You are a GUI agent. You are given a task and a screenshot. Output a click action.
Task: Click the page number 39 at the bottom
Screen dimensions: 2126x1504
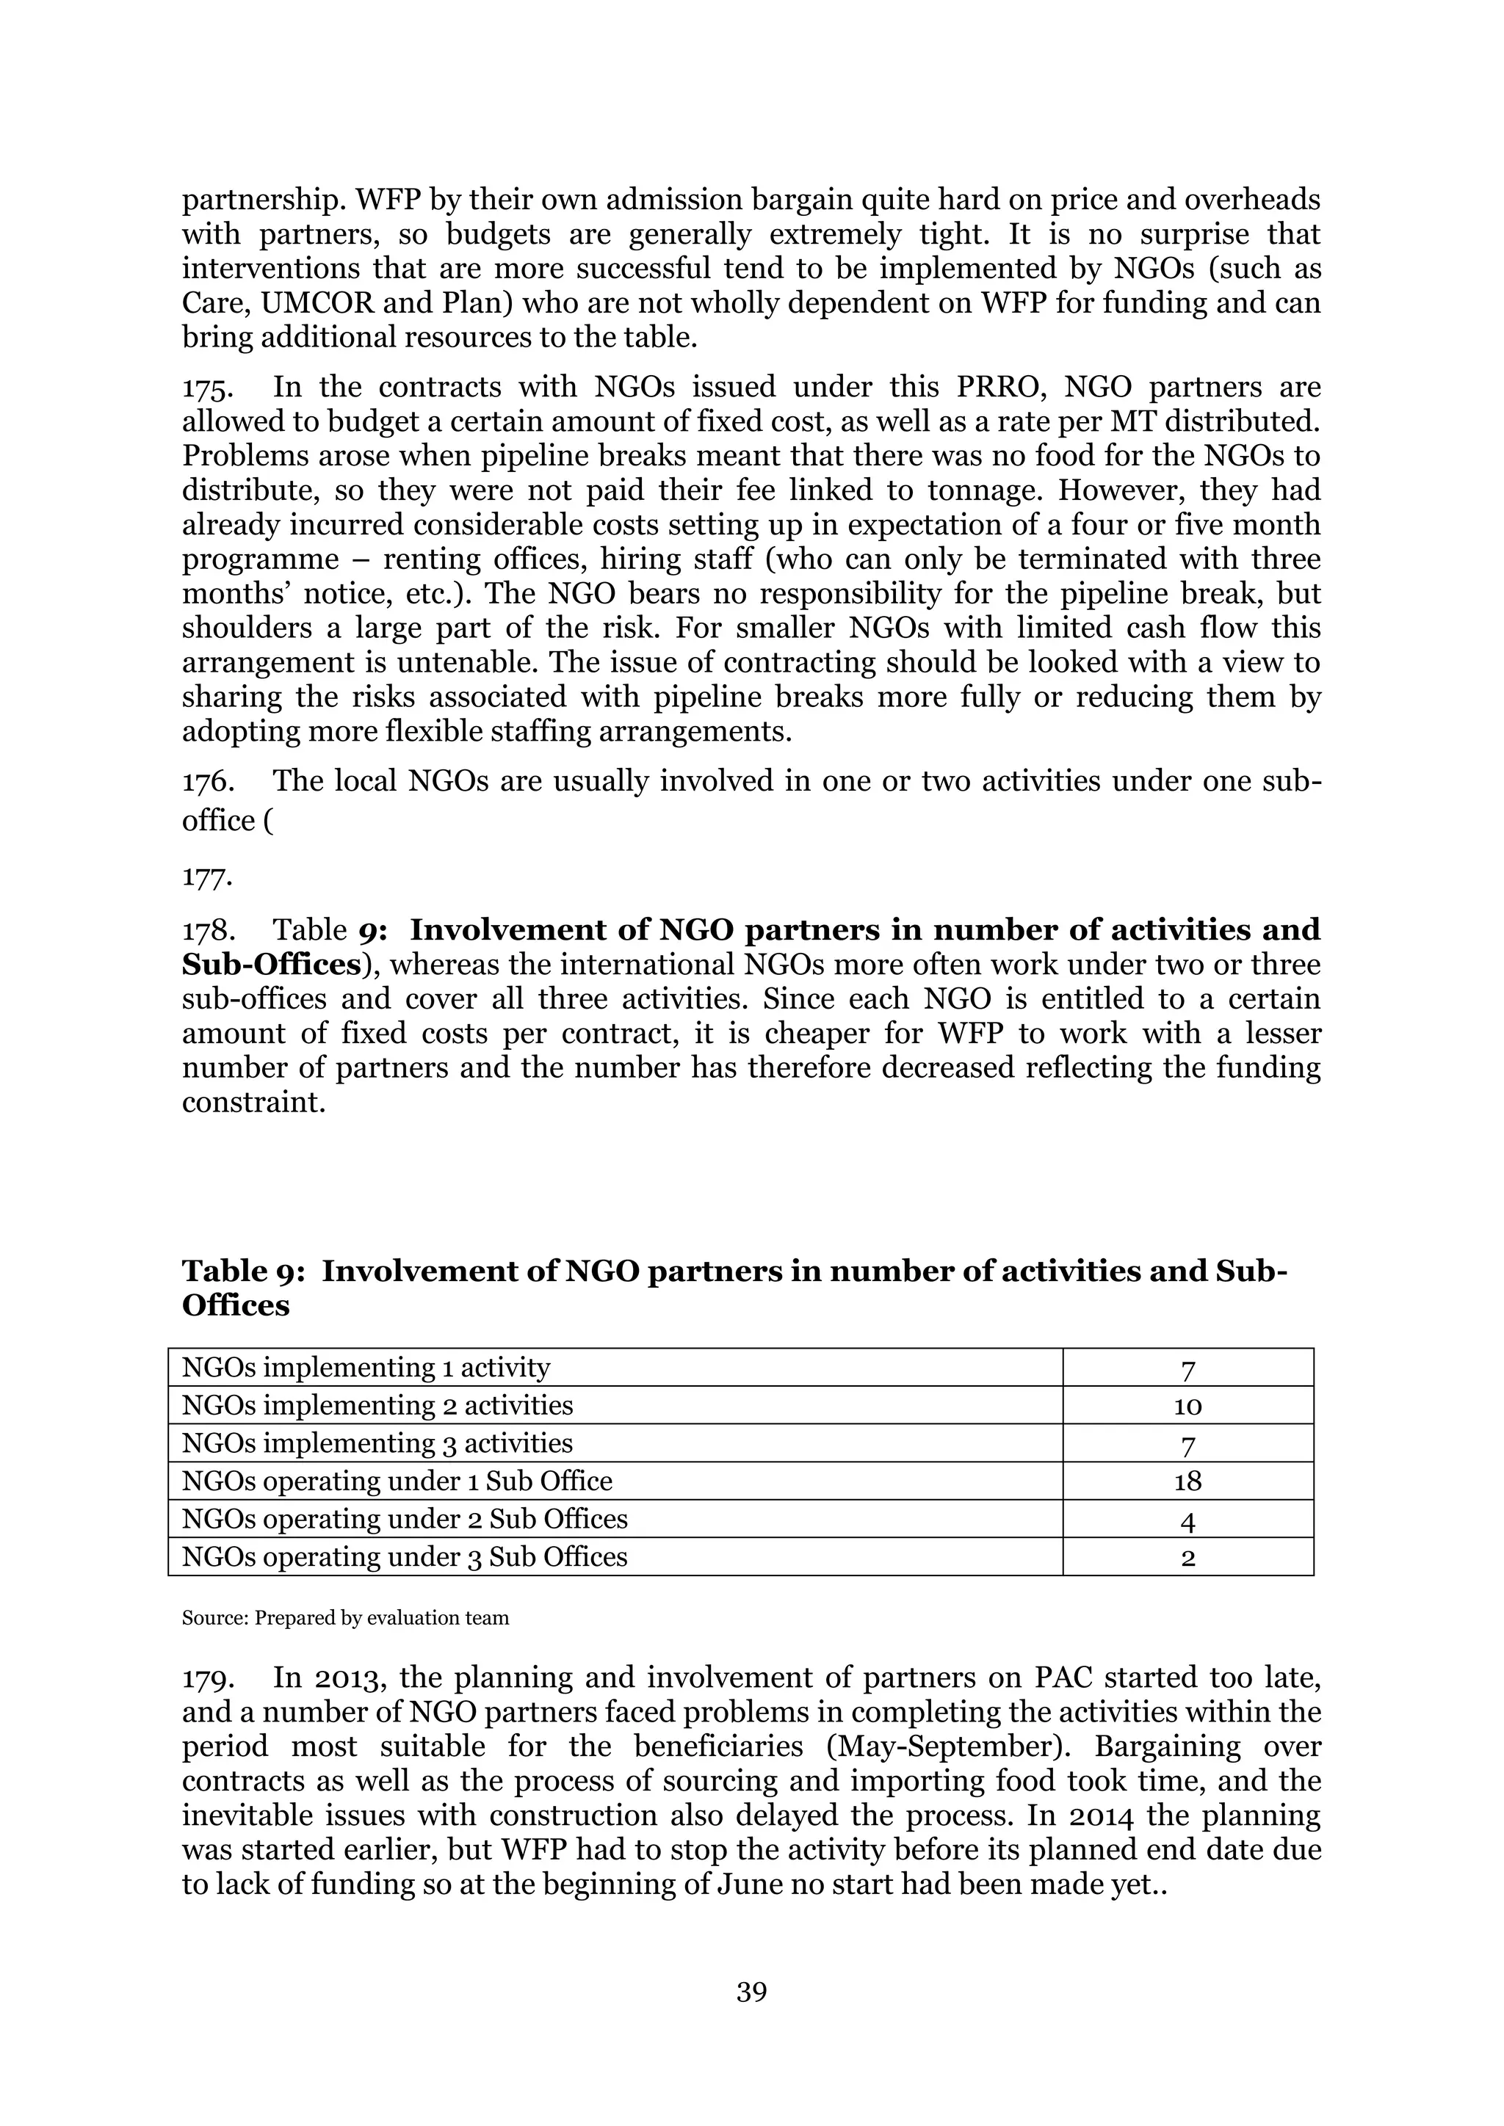click(x=751, y=1991)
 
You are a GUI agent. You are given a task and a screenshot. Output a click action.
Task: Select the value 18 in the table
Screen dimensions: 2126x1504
click(x=1187, y=1481)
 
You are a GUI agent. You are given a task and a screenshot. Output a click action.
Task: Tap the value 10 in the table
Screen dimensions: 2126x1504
click(x=1187, y=1407)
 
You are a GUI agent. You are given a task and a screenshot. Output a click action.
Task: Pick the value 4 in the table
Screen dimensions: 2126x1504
click(x=1187, y=1520)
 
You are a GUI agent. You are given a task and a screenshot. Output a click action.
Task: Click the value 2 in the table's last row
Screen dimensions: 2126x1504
click(x=1187, y=1559)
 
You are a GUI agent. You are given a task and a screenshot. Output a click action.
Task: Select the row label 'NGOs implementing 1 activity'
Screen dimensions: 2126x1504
click(x=366, y=1368)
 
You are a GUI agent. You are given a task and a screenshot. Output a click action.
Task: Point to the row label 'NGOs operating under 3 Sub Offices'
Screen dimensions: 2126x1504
click(x=405, y=1556)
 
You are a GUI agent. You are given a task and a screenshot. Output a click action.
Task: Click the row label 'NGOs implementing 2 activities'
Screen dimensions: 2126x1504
click(x=377, y=1406)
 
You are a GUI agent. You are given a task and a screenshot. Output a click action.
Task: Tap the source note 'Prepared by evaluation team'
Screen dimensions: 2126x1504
click(x=382, y=1619)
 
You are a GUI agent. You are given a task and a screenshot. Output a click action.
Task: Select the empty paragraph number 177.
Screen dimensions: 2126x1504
click(x=206, y=876)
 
